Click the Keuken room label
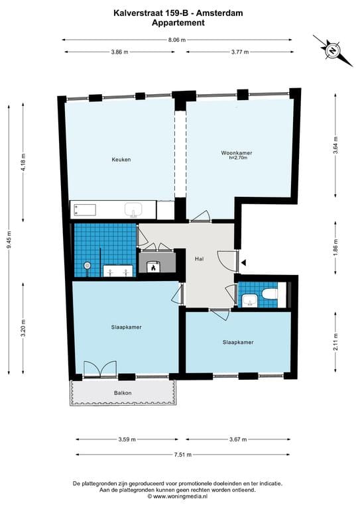click(121, 159)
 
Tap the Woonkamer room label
click(236, 152)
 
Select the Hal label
click(200, 258)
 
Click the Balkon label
click(123, 393)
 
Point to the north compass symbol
click(332, 50)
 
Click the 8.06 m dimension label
click(176, 40)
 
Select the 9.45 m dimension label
click(9, 239)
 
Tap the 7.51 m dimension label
click(183, 455)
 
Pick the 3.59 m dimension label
click(127, 439)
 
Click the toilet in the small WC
click(270, 295)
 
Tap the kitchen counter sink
click(133, 209)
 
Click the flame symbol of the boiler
click(153, 267)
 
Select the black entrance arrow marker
click(243, 262)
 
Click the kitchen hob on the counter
click(85, 209)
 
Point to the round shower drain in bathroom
click(87, 265)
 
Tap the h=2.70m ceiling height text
click(238, 158)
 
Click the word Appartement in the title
click(178, 23)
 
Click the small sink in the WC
click(250, 300)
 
